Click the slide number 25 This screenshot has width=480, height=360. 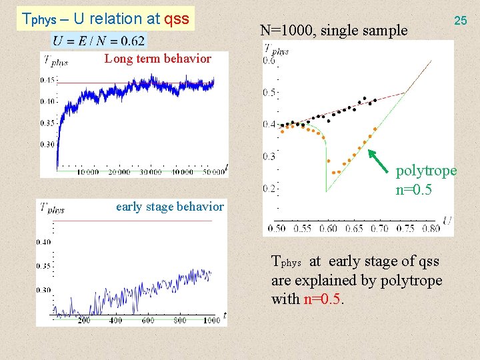tap(460, 21)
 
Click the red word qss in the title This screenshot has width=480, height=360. tap(176, 19)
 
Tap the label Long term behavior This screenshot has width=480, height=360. tap(157, 59)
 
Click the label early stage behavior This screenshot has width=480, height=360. tap(169, 207)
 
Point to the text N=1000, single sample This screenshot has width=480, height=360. tap(333, 30)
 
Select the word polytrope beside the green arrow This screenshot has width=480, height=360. tap(426, 171)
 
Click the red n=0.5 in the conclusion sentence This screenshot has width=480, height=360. tap(323, 299)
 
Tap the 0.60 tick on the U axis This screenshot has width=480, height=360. tap(329, 229)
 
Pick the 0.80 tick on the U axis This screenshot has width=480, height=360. tap(431, 229)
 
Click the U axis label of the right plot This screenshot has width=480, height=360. tap(446, 220)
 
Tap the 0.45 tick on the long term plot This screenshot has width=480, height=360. tap(47, 80)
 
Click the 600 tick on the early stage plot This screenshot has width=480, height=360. tap(148, 321)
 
